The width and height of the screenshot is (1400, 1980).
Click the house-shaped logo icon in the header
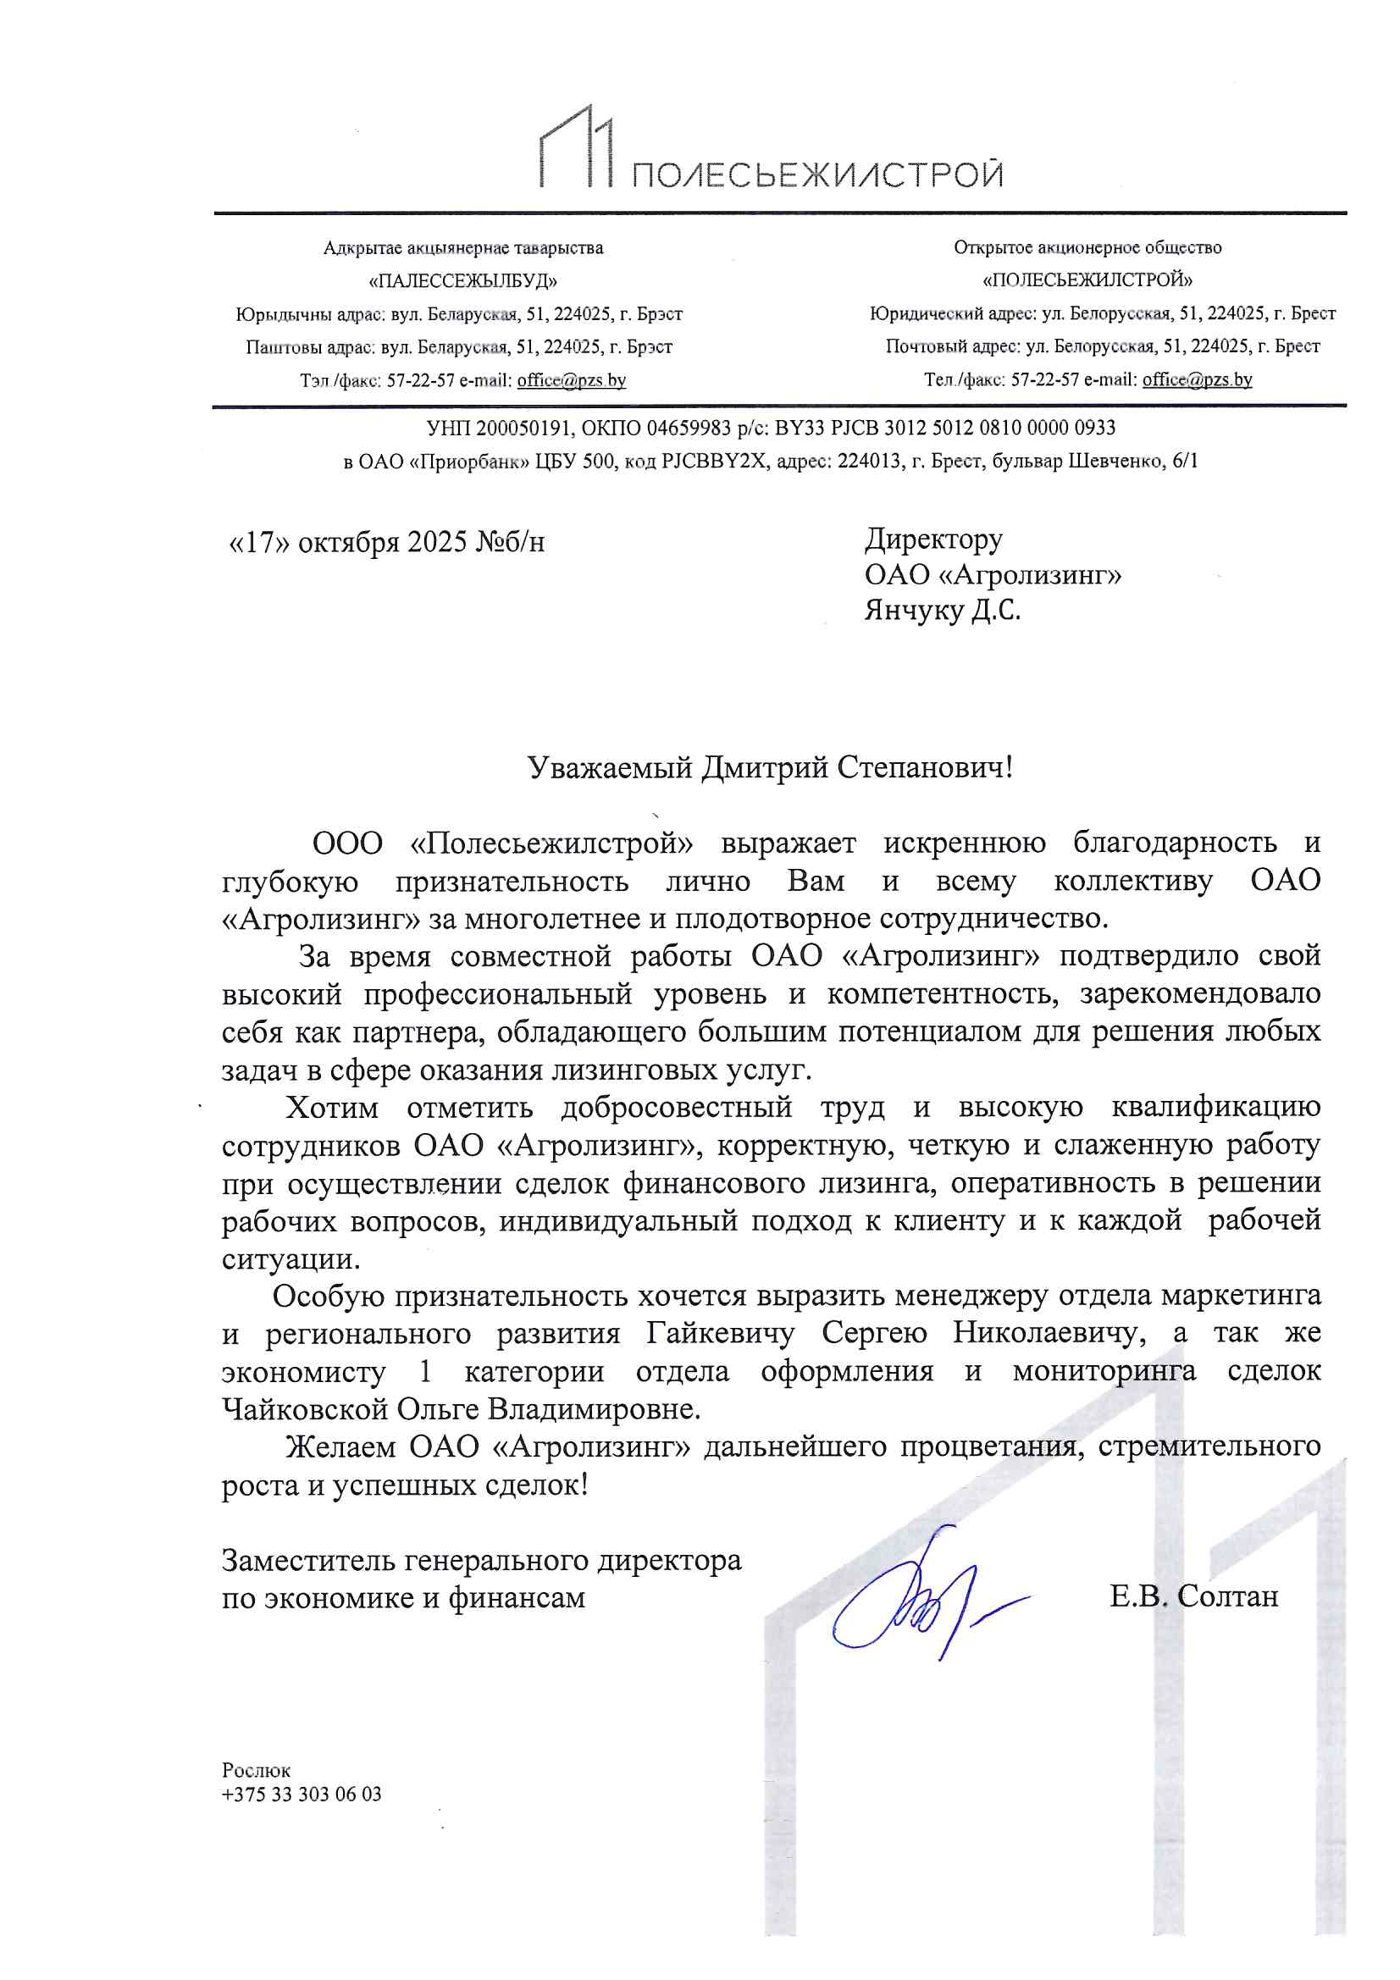click(576, 147)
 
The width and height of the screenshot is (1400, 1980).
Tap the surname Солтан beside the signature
click(1227, 1596)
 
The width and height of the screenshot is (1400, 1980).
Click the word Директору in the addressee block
click(933, 539)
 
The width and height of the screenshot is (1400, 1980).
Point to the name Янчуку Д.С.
click(942, 611)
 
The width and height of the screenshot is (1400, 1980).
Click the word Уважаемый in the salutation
click(609, 766)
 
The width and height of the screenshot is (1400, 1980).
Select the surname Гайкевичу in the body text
click(720, 1333)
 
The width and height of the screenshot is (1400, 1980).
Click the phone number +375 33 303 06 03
click(301, 1795)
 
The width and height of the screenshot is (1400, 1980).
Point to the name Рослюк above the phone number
click(256, 1771)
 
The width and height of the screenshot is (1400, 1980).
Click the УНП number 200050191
click(523, 428)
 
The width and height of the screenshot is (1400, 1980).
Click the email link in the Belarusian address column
click(571, 380)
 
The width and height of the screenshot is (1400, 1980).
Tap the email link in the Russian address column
click(1197, 379)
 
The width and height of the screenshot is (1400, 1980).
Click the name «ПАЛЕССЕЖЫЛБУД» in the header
click(463, 281)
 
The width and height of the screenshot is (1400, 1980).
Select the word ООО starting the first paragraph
click(346, 843)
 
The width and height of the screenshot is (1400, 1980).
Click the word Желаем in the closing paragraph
click(339, 1446)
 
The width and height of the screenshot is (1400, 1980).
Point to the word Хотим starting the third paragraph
click(332, 1107)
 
